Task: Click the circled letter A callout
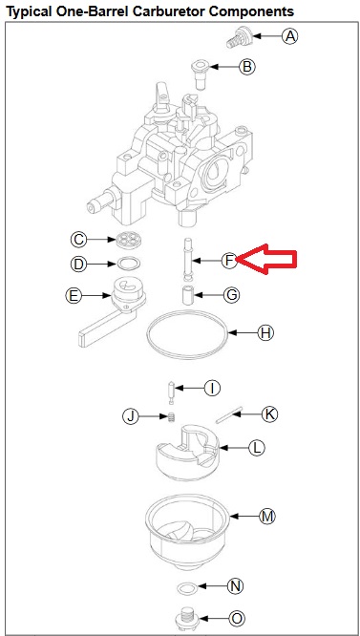(x=290, y=36)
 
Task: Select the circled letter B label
(x=247, y=66)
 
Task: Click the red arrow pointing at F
(x=266, y=259)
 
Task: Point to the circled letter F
(x=229, y=260)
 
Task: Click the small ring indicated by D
(x=129, y=264)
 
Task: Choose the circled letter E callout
(x=74, y=296)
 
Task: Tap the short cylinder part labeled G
(x=188, y=295)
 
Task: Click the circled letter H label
(x=265, y=333)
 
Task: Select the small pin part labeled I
(x=171, y=392)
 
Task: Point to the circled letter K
(x=269, y=414)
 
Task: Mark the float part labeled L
(x=188, y=453)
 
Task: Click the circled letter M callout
(x=267, y=517)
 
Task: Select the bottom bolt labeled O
(x=186, y=618)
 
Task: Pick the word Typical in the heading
(x=29, y=12)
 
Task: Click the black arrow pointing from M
(x=244, y=517)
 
